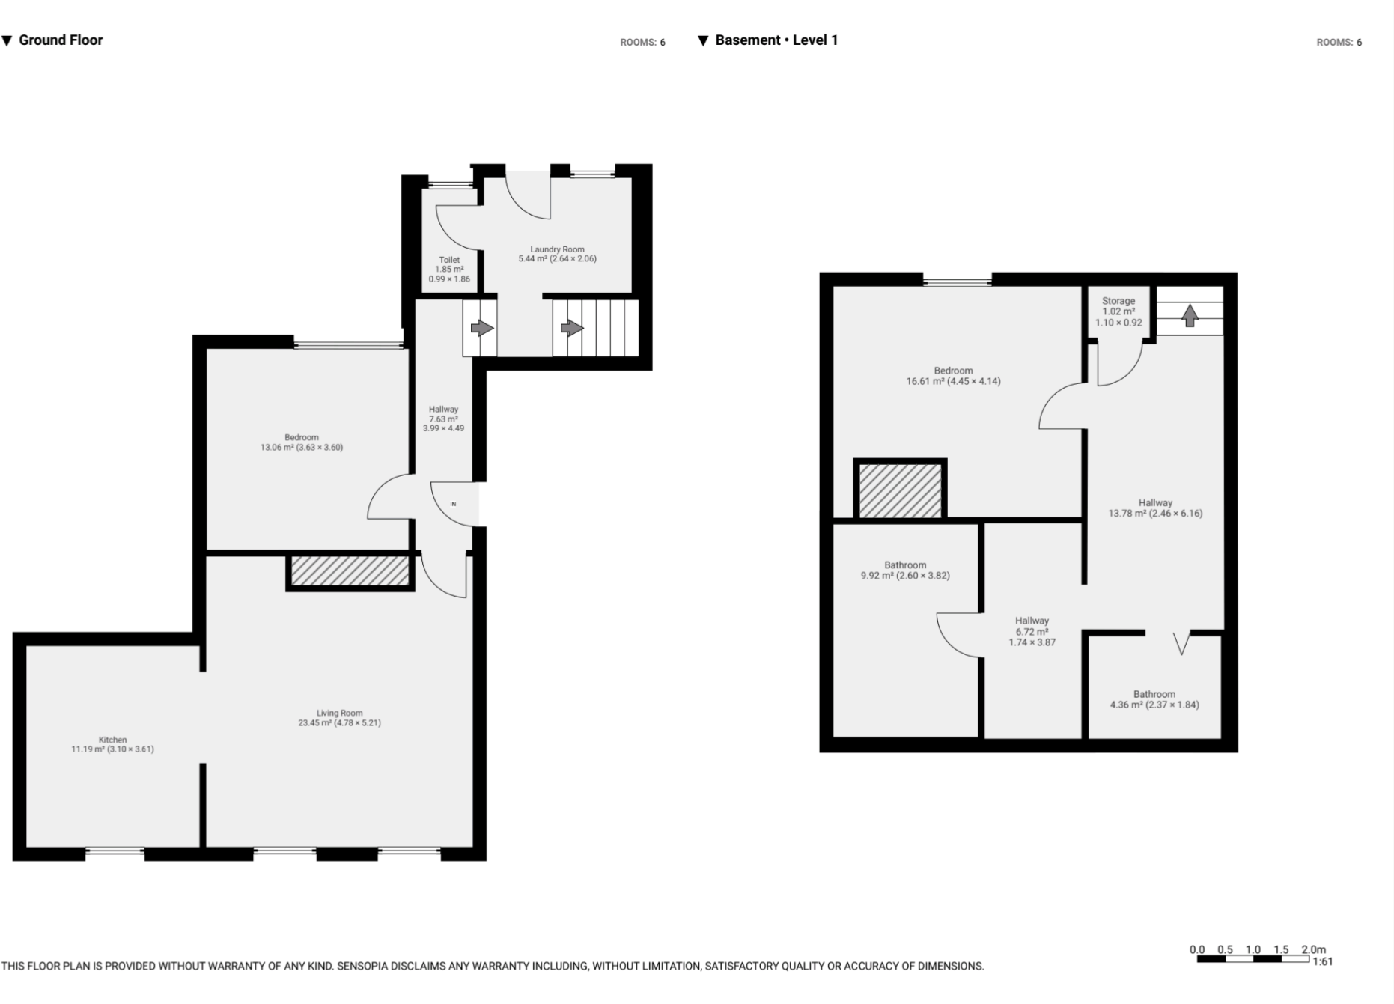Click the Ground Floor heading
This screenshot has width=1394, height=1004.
60,40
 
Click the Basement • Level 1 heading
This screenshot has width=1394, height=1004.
776,40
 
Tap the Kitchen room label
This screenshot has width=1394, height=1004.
112,740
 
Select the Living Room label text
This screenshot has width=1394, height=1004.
339,714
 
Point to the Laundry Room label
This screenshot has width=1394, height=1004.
557,249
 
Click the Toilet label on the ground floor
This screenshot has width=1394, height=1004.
449,260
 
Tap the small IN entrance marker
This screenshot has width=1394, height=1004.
453,504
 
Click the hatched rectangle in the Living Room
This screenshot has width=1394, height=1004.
350,571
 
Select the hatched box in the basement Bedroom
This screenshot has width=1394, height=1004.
900,490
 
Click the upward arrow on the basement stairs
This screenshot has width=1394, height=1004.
1190,315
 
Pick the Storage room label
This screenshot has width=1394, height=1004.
1118,301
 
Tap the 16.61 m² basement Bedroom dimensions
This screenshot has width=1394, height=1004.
953,381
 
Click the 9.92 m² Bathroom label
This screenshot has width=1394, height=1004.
905,571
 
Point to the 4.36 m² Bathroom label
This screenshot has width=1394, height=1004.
1154,699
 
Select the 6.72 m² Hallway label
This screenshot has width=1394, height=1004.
1032,631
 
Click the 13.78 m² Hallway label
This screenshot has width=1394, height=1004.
1155,508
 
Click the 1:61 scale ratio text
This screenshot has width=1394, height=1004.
1322,961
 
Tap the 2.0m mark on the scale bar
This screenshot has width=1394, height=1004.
1313,949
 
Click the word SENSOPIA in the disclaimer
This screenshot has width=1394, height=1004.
363,967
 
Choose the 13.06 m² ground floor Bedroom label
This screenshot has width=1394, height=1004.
302,442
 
